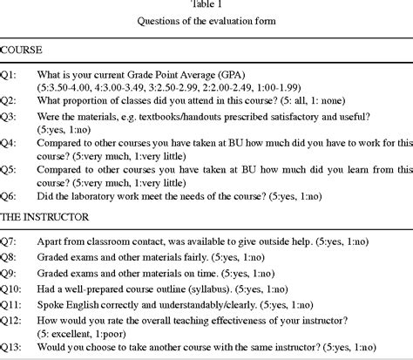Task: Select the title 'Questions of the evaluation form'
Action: [206, 21]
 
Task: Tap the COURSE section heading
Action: [24, 51]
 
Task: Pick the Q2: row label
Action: [11, 103]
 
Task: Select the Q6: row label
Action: [11, 209]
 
